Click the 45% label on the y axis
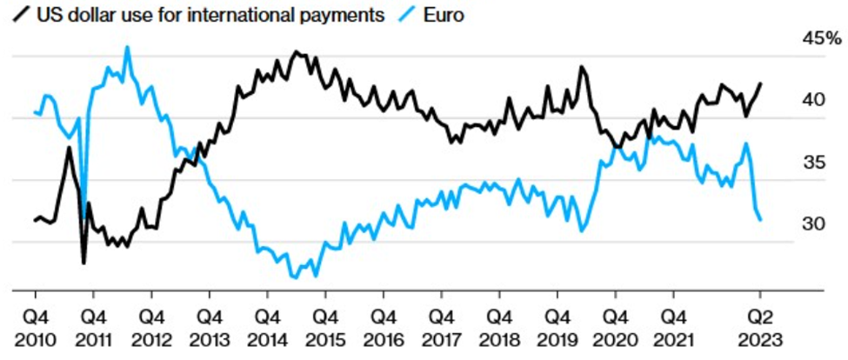(x=822, y=38)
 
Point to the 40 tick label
(x=813, y=100)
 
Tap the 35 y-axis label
(x=813, y=162)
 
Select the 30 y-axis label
(x=813, y=223)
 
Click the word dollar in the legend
(x=90, y=17)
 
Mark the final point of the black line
(x=761, y=83)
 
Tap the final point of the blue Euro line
(x=761, y=220)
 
